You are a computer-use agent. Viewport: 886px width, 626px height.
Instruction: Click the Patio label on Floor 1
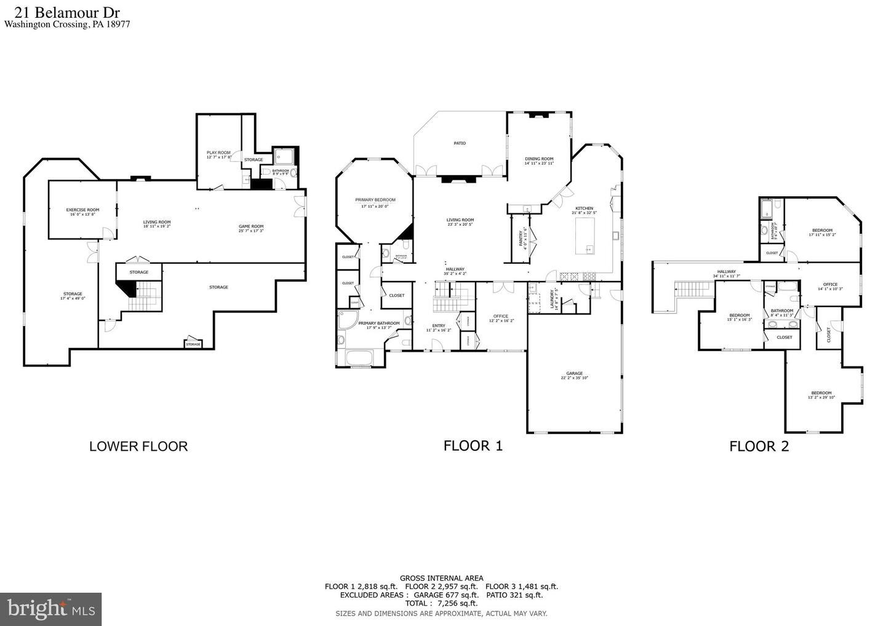coord(460,143)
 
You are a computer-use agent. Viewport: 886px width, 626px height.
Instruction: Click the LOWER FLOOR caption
coord(138,446)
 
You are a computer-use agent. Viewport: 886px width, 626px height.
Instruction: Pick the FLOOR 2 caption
coord(759,447)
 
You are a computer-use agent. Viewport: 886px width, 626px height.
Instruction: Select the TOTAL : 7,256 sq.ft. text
coord(441,604)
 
